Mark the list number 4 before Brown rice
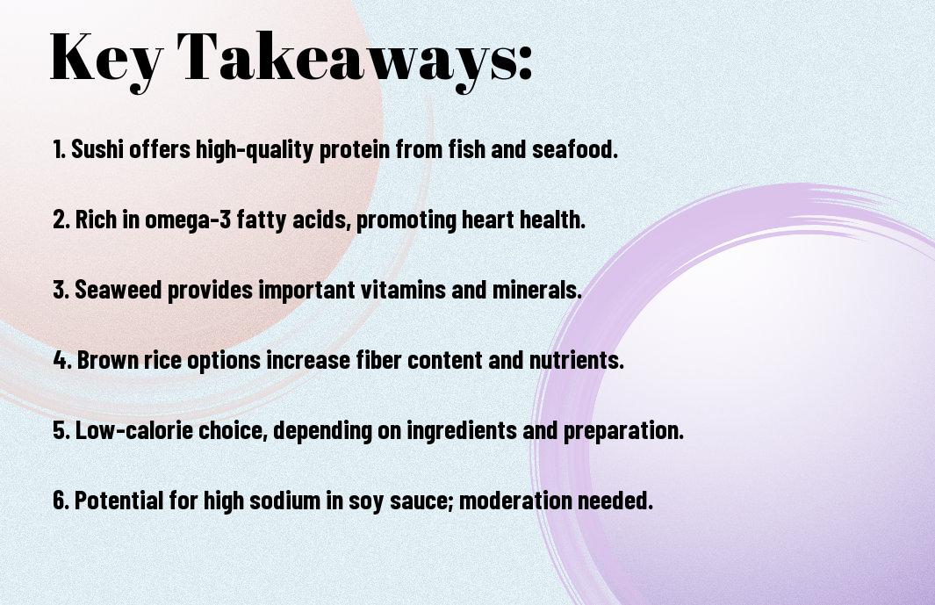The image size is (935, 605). [61, 360]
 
